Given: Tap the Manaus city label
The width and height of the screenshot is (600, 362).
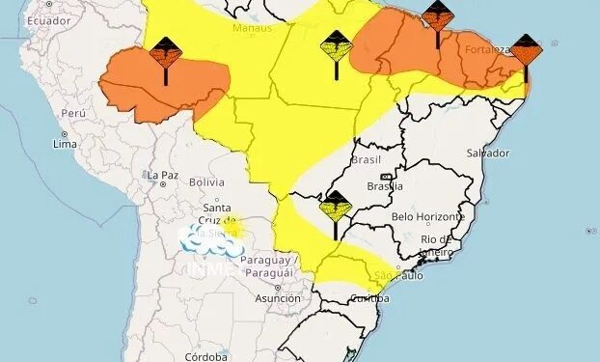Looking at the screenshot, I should pyautogui.click(x=253, y=28).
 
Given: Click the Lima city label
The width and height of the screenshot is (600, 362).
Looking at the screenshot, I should pyautogui.click(x=66, y=144).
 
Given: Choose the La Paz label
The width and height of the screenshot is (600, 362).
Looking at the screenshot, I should pyautogui.click(x=162, y=175).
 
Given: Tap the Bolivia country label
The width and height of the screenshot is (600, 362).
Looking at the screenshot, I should pyautogui.click(x=206, y=181).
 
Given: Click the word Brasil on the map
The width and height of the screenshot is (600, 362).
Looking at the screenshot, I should pyautogui.click(x=367, y=159).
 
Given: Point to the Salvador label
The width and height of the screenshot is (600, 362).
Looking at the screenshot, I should pyautogui.click(x=487, y=153).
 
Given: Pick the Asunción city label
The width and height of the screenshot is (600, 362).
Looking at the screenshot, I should pyautogui.click(x=277, y=298).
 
